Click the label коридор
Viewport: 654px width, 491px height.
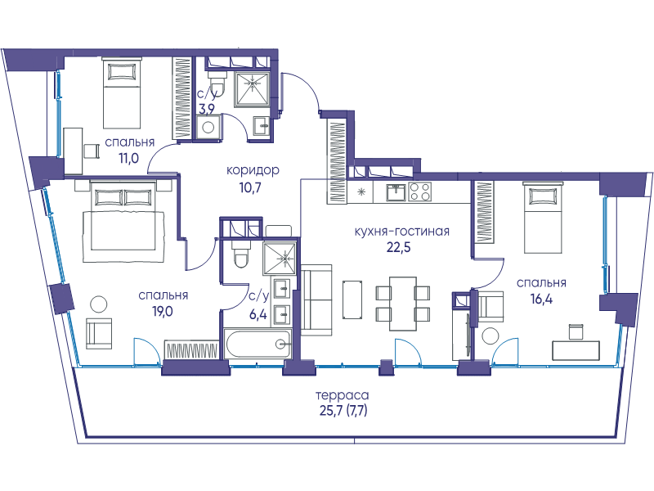coord(253,171)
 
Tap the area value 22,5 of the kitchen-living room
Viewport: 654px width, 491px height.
coord(398,247)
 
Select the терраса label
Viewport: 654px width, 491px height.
coord(343,395)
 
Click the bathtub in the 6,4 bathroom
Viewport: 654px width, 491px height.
coord(258,344)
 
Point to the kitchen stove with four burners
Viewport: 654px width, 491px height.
coord(419,192)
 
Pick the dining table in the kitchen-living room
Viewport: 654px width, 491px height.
coord(402,304)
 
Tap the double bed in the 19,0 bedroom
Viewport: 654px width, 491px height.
coord(122,221)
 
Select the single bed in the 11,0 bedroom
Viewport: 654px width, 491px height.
coord(121,92)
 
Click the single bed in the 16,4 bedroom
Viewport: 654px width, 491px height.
coord(543,218)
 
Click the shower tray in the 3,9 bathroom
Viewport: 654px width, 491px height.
coord(253,88)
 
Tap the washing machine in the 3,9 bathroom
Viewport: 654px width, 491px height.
coord(208,127)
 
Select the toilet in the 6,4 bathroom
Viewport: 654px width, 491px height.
coord(241,254)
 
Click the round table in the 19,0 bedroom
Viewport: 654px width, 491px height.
coord(99,304)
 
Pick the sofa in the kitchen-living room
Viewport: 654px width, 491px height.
coord(316,300)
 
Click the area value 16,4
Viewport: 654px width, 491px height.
coord(541,299)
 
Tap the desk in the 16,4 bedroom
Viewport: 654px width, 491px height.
coord(576,350)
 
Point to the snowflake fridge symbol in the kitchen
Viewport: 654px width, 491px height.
coord(361,192)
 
